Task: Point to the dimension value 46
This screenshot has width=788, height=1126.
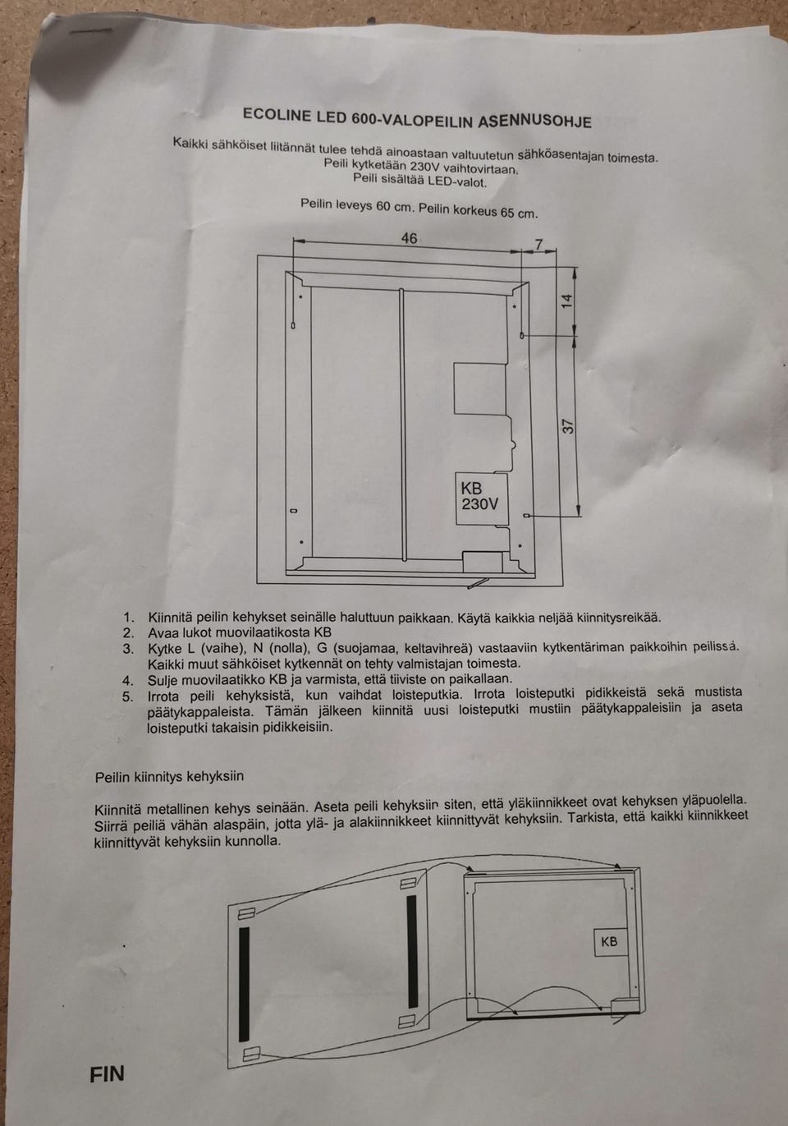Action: click(409, 238)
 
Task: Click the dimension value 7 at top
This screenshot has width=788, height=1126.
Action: click(538, 245)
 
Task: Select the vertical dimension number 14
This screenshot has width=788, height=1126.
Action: click(567, 301)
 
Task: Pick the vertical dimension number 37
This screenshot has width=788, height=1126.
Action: click(568, 426)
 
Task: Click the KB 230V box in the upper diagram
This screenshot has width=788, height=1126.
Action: click(482, 499)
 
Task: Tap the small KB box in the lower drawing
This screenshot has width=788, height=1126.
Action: click(610, 941)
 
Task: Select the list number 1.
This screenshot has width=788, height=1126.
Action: click(129, 617)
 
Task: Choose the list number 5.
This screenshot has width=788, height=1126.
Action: click(128, 696)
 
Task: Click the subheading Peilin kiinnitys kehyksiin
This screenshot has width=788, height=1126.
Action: click(169, 777)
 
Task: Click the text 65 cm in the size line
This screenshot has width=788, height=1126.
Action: click(519, 213)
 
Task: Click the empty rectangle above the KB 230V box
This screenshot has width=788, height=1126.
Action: click(480, 388)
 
